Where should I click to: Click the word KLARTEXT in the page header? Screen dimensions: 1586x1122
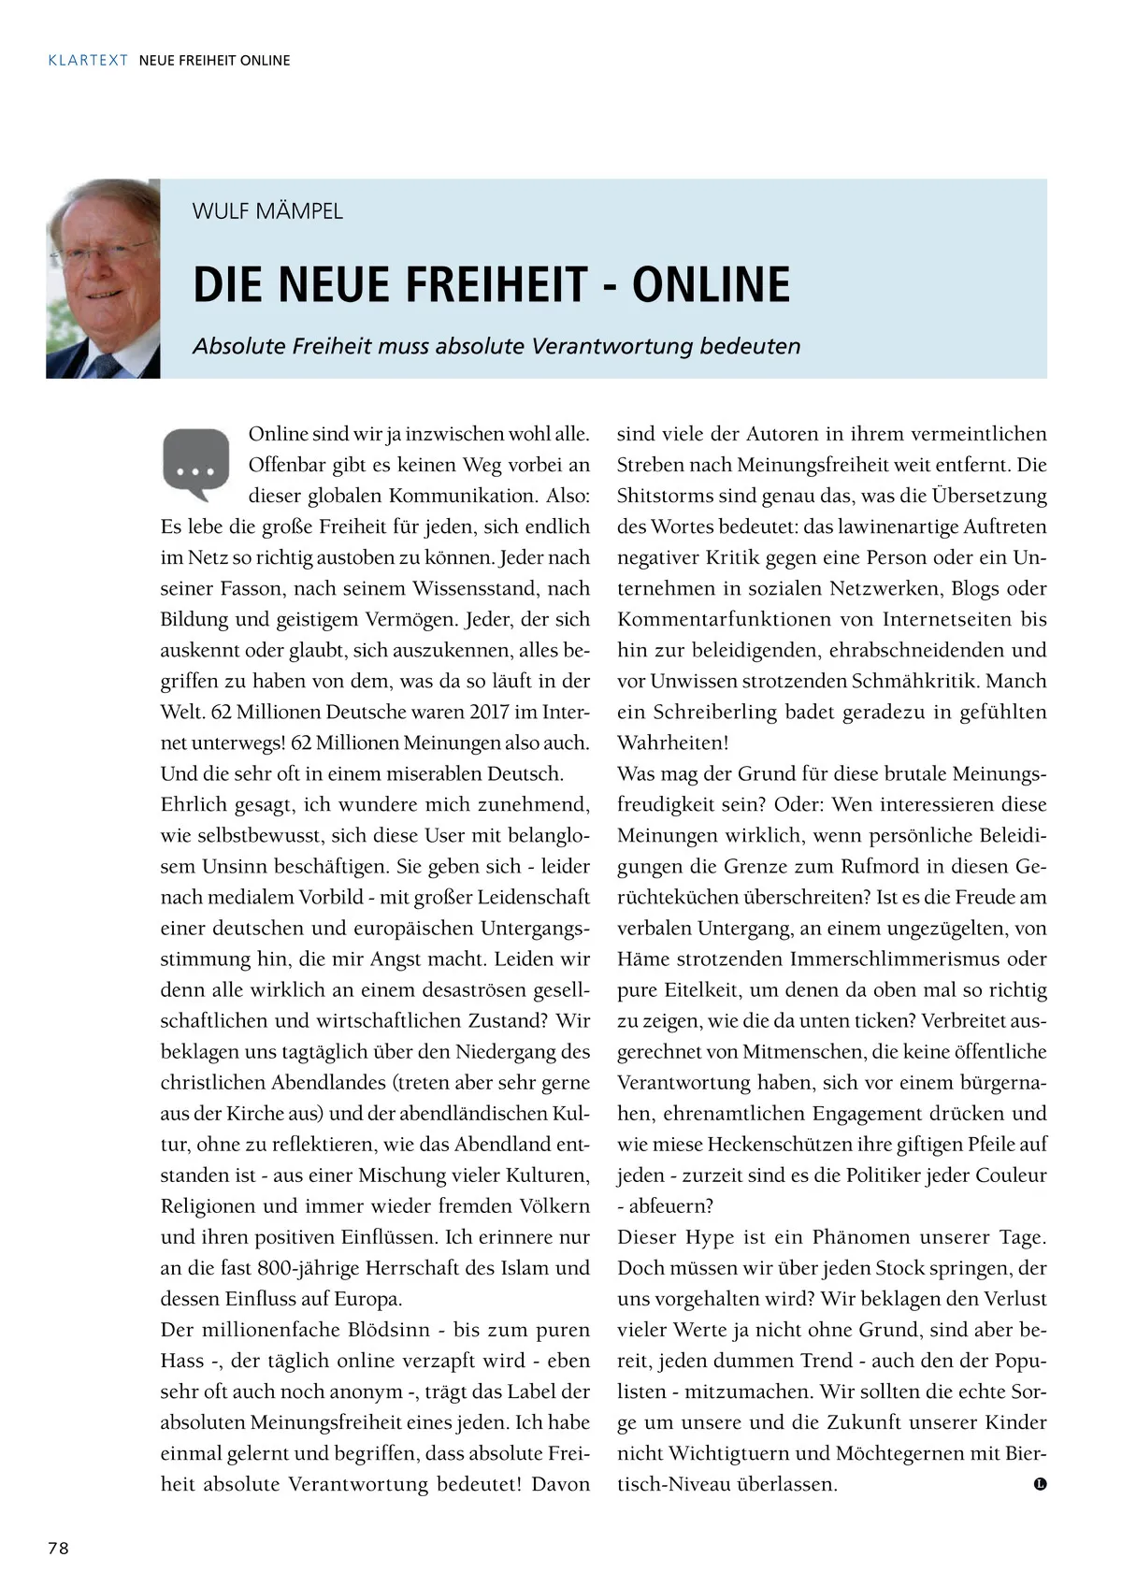[88, 61]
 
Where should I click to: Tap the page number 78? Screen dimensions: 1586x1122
[58, 1548]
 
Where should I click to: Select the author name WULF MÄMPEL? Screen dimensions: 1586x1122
[267, 211]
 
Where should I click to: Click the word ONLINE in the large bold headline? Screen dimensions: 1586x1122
[711, 285]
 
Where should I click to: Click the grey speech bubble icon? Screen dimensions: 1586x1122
[195, 463]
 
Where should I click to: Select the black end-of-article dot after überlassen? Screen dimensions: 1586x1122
[1040, 1484]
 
